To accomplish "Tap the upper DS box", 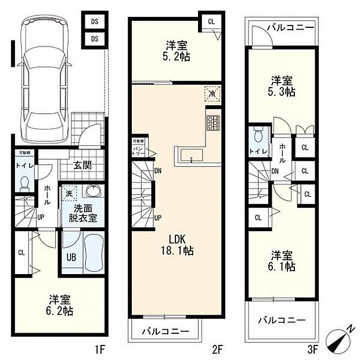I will (x=93, y=22).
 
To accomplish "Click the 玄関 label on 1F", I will (x=82, y=165).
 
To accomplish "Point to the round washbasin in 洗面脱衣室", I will (x=93, y=191).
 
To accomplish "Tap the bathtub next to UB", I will (x=93, y=254).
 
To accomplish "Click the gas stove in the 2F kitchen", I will (x=213, y=123).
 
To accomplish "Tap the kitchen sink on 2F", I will (x=190, y=155).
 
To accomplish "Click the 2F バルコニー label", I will (x=165, y=331).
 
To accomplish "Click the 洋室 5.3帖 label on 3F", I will (x=282, y=86).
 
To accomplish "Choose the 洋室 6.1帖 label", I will (x=282, y=260).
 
